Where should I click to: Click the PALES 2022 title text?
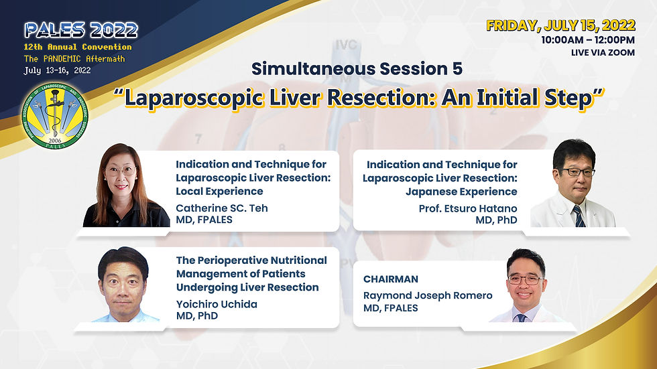(x=81, y=30)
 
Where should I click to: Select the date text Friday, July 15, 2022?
(x=560, y=26)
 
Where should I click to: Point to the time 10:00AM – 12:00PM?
(x=588, y=40)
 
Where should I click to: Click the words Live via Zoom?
(x=603, y=52)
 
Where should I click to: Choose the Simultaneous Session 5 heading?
(x=357, y=68)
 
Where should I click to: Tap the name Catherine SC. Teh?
(x=221, y=208)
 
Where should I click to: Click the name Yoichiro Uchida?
(x=217, y=304)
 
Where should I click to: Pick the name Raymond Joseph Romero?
(x=428, y=295)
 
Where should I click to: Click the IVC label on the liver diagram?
(x=347, y=45)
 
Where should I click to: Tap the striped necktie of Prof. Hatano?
(x=577, y=215)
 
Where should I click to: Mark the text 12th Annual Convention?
(x=78, y=47)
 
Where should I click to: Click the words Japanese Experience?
(x=461, y=192)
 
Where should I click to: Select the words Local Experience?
(x=220, y=192)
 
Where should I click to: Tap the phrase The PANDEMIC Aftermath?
(x=74, y=58)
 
